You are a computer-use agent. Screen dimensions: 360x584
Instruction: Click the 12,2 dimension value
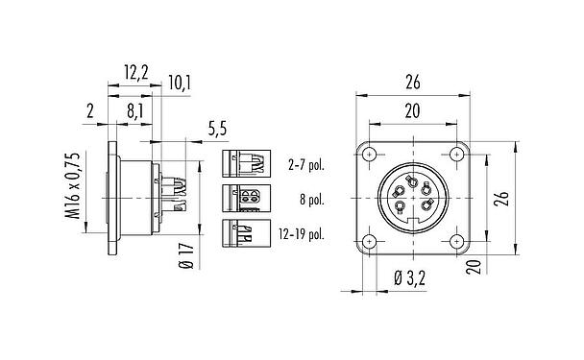coord(134,70)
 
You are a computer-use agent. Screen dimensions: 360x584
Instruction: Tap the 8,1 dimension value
coord(134,111)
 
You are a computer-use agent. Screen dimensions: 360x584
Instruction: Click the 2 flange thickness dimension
coord(89,111)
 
